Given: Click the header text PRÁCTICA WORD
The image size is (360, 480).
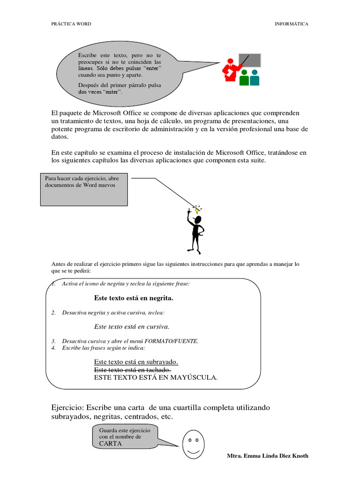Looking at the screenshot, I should point(71,24).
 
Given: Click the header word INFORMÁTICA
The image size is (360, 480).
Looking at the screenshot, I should point(291,24).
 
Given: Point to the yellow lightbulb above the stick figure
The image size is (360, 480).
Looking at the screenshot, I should point(197,210).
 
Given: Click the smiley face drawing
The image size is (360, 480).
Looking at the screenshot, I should point(192,444).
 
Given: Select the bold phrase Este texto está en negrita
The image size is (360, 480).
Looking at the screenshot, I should point(134,298).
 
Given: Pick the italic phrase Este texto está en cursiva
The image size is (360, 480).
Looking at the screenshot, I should point(132,326).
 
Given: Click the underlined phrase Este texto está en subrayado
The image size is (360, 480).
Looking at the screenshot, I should point(136,362).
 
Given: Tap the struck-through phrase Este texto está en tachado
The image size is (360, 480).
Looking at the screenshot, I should point(132,370).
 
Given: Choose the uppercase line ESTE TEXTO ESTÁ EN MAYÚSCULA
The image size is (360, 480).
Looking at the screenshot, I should point(156,377).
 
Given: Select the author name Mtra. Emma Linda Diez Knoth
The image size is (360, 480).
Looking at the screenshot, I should point(267,456).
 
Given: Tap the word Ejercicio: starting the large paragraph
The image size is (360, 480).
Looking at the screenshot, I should point(67,407).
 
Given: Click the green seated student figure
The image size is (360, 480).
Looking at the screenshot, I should point(244,78).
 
